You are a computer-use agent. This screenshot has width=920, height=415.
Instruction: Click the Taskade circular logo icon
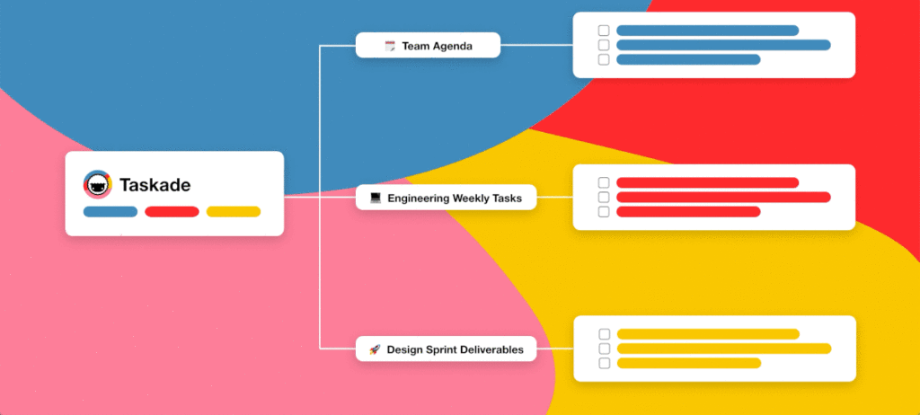[x=97, y=185]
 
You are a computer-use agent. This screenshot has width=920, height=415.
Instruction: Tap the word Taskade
[x=155, y=185]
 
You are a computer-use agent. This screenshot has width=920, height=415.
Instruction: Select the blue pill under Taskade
[x=111, y=212]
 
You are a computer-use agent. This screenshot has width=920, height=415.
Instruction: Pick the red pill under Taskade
[x=172, y=212]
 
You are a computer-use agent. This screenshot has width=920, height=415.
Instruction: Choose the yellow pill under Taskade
[x=234, y=212]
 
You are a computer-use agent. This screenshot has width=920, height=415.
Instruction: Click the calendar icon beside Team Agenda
[x=390, y=46]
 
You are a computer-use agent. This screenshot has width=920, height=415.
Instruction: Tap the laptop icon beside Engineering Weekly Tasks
[x=376, y=199]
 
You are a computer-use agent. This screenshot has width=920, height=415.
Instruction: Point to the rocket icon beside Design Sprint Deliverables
[x=375, y=349]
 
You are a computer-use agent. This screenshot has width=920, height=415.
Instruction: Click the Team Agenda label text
[x=438, y=46]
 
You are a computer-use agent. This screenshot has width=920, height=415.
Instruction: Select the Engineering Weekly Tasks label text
[x=455, y=199]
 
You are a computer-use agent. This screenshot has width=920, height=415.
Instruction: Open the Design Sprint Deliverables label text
[x=455, y=349]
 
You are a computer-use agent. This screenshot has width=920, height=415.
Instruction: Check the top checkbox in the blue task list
[x=604, y=31]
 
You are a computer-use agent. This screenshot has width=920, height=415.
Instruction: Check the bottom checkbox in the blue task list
[x=604, y=59]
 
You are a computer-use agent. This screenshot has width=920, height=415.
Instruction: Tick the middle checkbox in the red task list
[x=604, y=198]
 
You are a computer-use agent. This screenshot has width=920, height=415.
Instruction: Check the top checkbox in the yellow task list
[x=605, y=334]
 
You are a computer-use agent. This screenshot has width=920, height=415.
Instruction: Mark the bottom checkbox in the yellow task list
[x=605, y=363]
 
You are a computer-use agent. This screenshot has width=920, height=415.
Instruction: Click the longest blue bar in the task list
[x=723, y=45]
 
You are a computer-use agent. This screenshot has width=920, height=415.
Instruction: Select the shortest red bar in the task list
[x=688, y=212]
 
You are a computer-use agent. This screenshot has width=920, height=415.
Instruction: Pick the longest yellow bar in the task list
[x=724, y=349]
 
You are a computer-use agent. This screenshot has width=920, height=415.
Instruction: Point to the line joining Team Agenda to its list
[x=536, y=45]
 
